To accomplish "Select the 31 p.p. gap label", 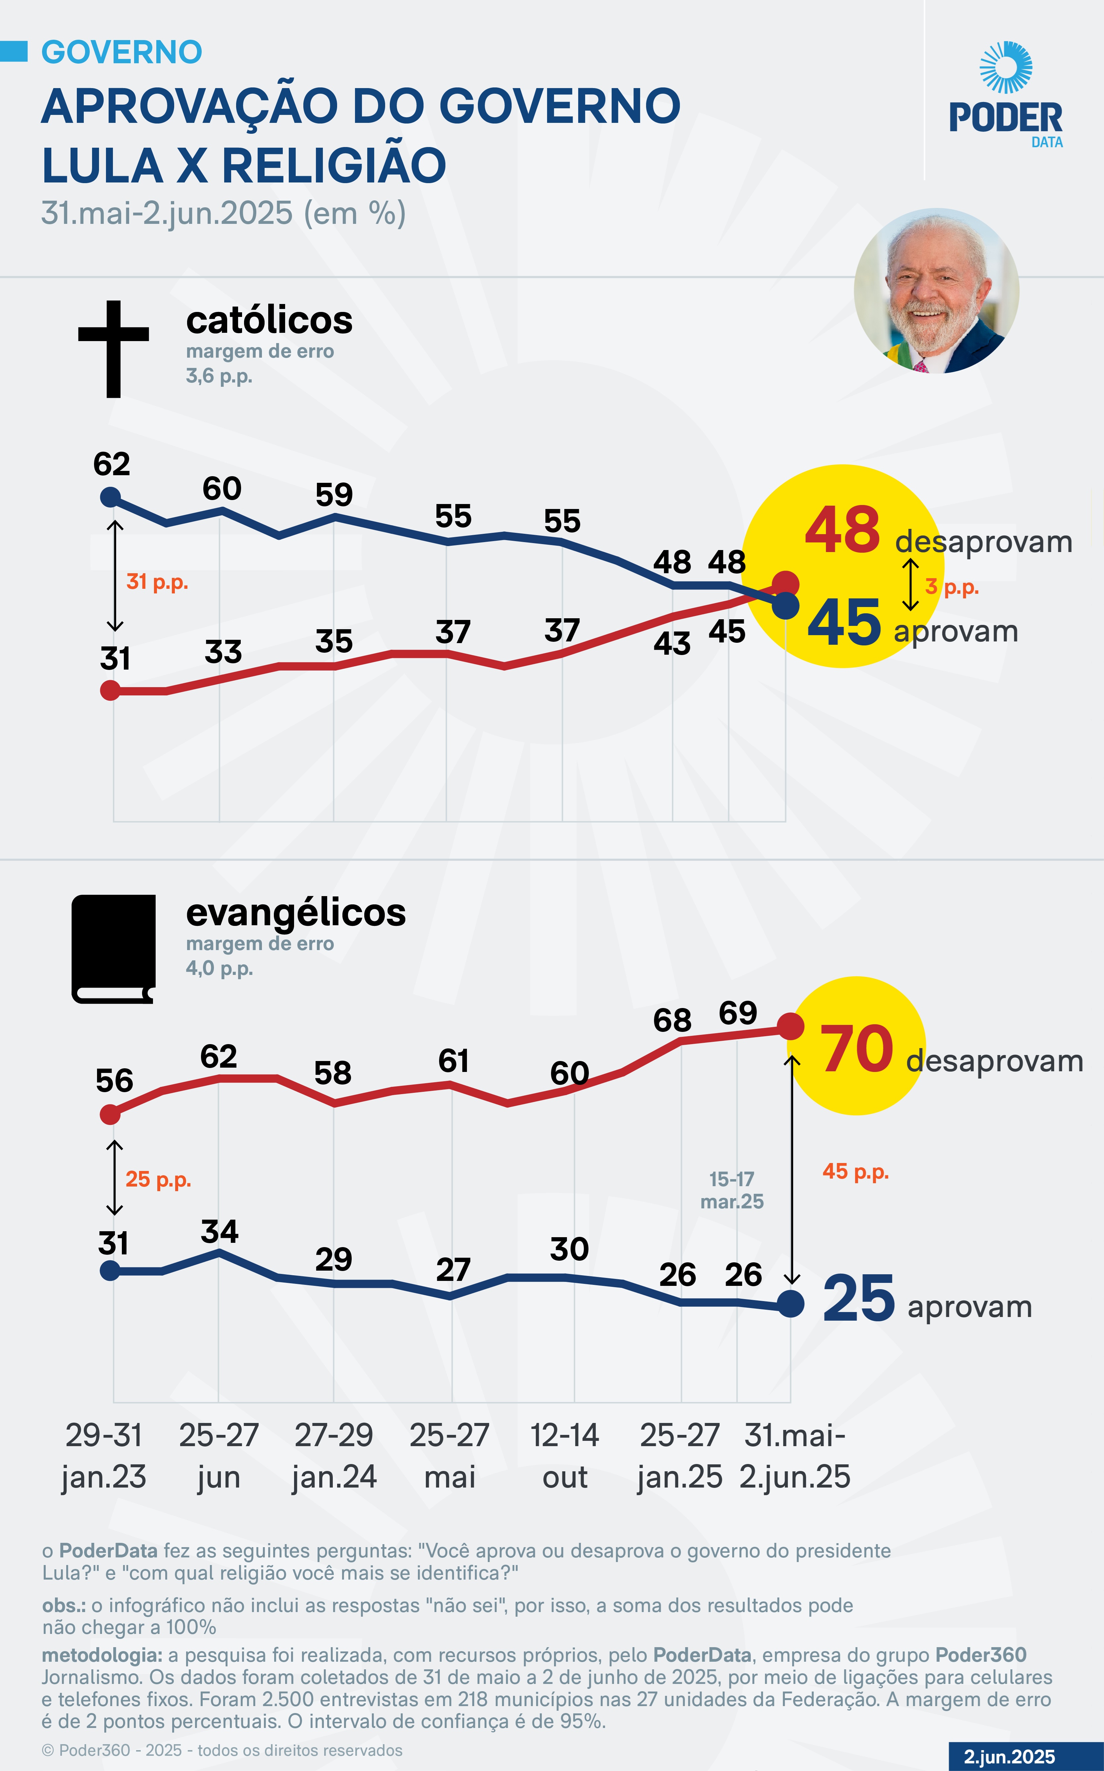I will [x=157, y=582].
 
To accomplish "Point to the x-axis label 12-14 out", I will [x=564, y=1456].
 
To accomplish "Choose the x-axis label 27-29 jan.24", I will [x=334, y=1456].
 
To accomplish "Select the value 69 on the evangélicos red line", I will [x=737, y=1013].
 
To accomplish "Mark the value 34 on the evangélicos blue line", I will [x=219, y=1232].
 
